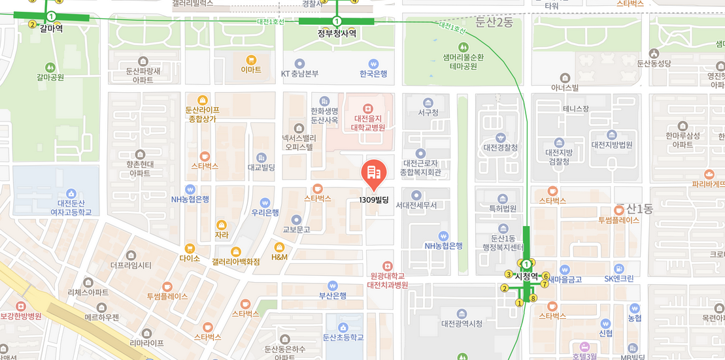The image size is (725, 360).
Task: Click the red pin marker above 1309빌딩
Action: tap(373, 172)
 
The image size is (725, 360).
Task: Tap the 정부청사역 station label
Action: tap(337, 33)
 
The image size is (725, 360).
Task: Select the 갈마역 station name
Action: tap(51, 28)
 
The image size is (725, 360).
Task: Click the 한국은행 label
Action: tap(373, 74)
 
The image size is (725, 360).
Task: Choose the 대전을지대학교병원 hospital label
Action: tap(369, 123)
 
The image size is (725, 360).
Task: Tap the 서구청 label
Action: tap(428, 112)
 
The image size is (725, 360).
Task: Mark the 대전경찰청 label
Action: tap(500, 147)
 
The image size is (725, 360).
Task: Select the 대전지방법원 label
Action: tap(612, 144)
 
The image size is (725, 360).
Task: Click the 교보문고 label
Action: tap(296, 229)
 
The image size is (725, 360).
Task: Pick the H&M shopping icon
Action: tap(279, 248)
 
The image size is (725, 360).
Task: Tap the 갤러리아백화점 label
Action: tap(235, 261)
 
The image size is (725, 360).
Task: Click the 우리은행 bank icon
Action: tap(265, 203)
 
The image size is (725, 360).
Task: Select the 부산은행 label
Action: tap(333, 295)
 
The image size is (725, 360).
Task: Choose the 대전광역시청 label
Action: tap(462, 323)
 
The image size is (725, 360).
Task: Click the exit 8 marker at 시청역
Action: tap(533, 299)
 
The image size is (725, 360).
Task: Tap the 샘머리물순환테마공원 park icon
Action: tap(463, 47)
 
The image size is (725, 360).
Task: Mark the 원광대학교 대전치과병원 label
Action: tap(388, 280)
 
